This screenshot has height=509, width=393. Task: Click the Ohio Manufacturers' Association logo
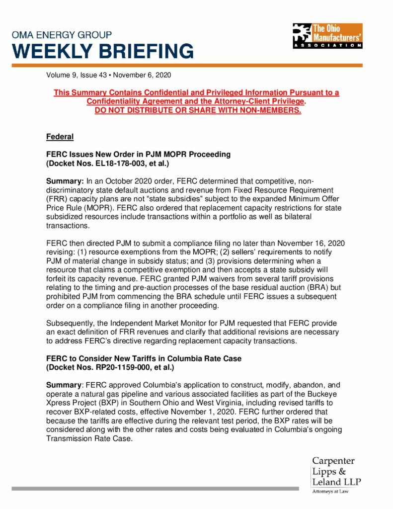coord(327,36)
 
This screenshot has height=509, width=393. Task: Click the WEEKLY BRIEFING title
coord(103,51)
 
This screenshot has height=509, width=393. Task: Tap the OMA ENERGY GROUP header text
coord(62,35)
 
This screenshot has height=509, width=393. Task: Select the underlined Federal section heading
coord(60,136)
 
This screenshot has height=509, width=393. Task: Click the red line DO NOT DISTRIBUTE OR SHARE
coord(198,110)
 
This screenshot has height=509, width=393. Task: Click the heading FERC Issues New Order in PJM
coord(138,154)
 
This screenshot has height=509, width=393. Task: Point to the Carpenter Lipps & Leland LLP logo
coord(336,472)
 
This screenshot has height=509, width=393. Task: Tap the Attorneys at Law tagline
coord(330,492)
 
